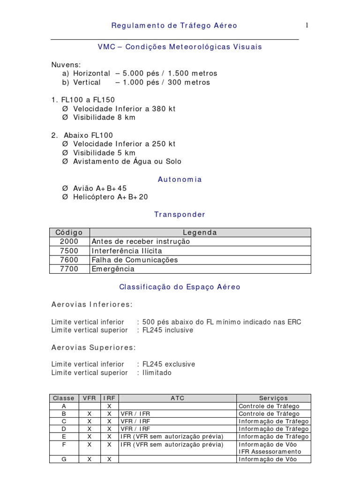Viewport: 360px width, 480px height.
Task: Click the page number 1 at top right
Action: point(307,25)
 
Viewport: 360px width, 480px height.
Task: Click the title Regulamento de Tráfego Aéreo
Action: point(174,26)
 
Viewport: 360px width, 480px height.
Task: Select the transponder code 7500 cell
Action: point(69,251)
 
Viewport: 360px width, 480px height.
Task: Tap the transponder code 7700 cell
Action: point(69,269)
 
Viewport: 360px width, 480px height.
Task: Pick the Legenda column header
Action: point(200,232)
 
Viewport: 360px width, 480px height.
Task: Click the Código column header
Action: point(69,232)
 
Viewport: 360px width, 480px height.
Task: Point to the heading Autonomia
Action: point(180,180)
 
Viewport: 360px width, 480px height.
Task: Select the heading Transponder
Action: point(180,215)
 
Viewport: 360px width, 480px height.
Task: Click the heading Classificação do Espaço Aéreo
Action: point(180,287)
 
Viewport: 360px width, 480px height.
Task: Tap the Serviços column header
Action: point(273,398)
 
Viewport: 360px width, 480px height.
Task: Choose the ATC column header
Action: point(177,398)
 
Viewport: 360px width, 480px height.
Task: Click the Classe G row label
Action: point(64,459)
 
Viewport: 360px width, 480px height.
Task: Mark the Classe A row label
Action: point(64,406)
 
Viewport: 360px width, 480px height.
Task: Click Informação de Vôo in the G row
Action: point(268,459)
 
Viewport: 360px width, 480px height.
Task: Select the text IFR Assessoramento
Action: point(270,451)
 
